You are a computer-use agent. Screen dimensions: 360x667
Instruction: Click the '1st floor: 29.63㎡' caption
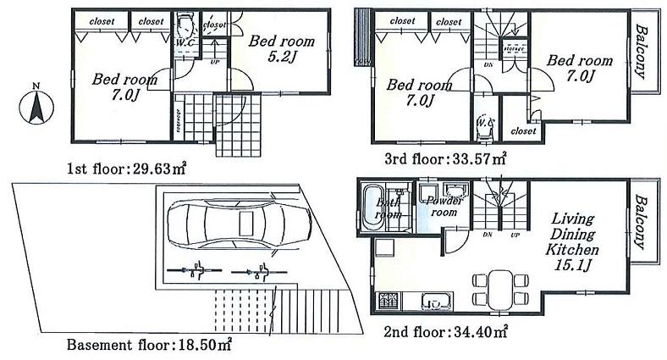click(x=126, y=169)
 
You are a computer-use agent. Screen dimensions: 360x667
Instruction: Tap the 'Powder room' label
click(x=441, y=207)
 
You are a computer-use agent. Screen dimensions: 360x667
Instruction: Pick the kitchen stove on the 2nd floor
click(x=392, y=300)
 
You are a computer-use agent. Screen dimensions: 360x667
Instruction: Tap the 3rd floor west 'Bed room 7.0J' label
click(x=419, y=93)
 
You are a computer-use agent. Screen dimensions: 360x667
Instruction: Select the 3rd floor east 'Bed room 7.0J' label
click(x=579, y=68)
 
